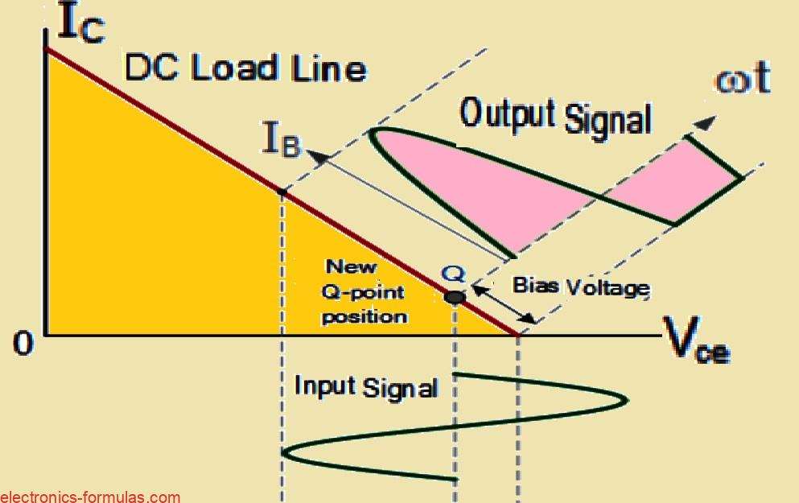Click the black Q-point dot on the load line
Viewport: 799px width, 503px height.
tap(455, 297)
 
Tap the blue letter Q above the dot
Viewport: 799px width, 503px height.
tap(452, 274)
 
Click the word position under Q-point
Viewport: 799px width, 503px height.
tap(364, 316)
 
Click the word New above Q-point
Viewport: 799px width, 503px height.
tap(350, 266)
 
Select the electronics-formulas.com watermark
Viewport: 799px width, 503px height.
tap(90, 497)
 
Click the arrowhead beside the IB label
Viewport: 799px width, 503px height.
tap(322, 158)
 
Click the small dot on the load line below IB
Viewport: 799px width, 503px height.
tap(282, 192)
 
